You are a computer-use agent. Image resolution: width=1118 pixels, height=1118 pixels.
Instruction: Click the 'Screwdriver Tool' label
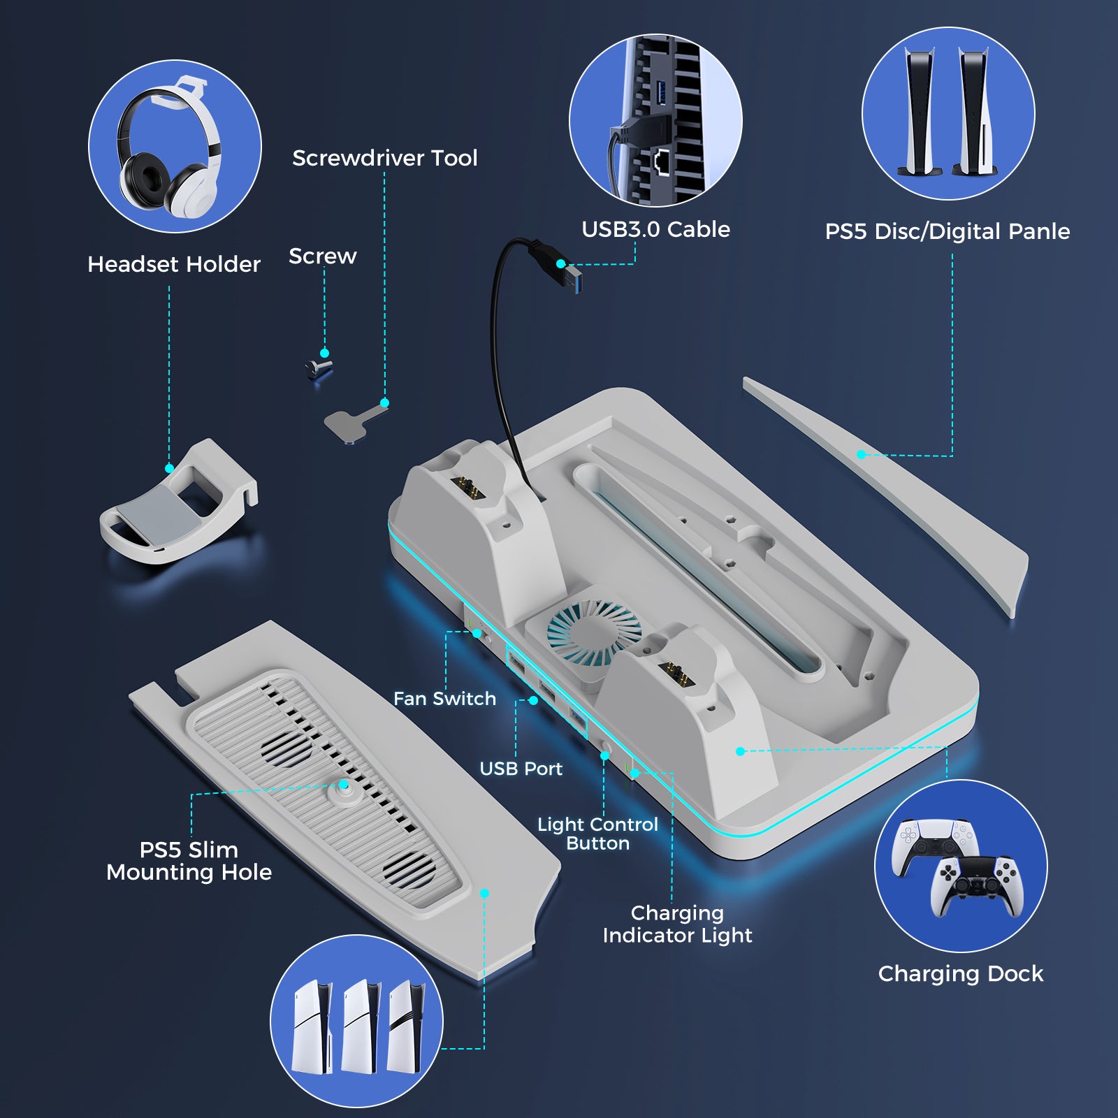384,158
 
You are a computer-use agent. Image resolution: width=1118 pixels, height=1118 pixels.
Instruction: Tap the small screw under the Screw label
319,368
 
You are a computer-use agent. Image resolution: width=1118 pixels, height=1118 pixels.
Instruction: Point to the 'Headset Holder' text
173,264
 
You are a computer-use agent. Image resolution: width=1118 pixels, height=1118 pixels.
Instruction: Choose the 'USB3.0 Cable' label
655,229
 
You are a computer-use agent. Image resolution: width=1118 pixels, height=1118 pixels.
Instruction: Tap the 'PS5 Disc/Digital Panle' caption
947,231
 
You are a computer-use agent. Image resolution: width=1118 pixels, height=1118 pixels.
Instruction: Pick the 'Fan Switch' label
444,699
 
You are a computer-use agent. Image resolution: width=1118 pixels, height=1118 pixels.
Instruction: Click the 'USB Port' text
521,769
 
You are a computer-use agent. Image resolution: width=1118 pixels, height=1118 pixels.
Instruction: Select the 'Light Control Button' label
597,834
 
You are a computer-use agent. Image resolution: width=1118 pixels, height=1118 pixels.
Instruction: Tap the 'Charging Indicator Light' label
677,924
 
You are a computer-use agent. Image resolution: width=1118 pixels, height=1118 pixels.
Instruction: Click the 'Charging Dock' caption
960,973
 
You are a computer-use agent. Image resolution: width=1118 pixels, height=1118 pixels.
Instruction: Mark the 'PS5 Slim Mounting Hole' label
189,861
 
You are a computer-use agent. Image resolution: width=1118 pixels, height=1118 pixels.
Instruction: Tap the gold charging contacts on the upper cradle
468,486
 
